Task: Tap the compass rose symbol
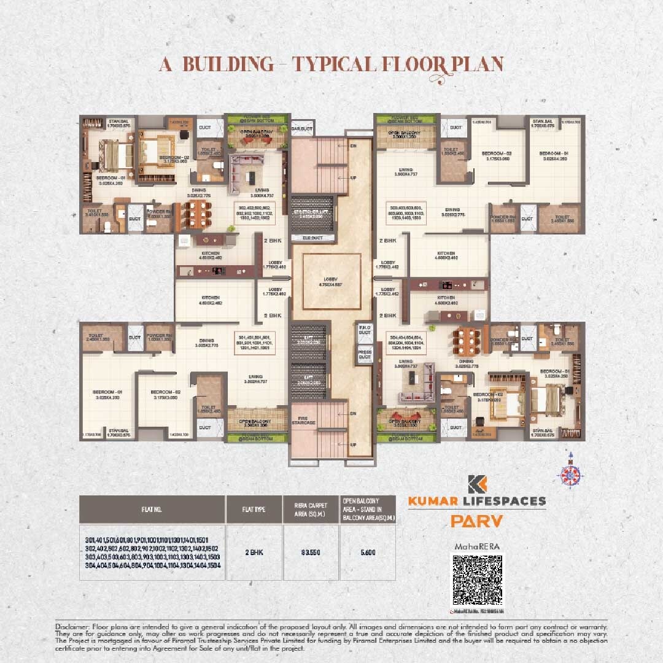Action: coord(570,474)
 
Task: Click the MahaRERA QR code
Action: coord(477,580)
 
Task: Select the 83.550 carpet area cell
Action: coord(310,552)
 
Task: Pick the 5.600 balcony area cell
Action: coord(367,552)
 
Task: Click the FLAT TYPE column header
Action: coord(254,510)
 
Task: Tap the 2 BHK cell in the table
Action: coord(254,552)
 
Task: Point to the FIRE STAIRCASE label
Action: coord(303,419)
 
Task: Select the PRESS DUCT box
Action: coord(365,354)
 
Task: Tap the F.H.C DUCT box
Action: coord(365,333)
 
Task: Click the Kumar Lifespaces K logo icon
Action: coord(476,484)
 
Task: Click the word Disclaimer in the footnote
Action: coord(71,626)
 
